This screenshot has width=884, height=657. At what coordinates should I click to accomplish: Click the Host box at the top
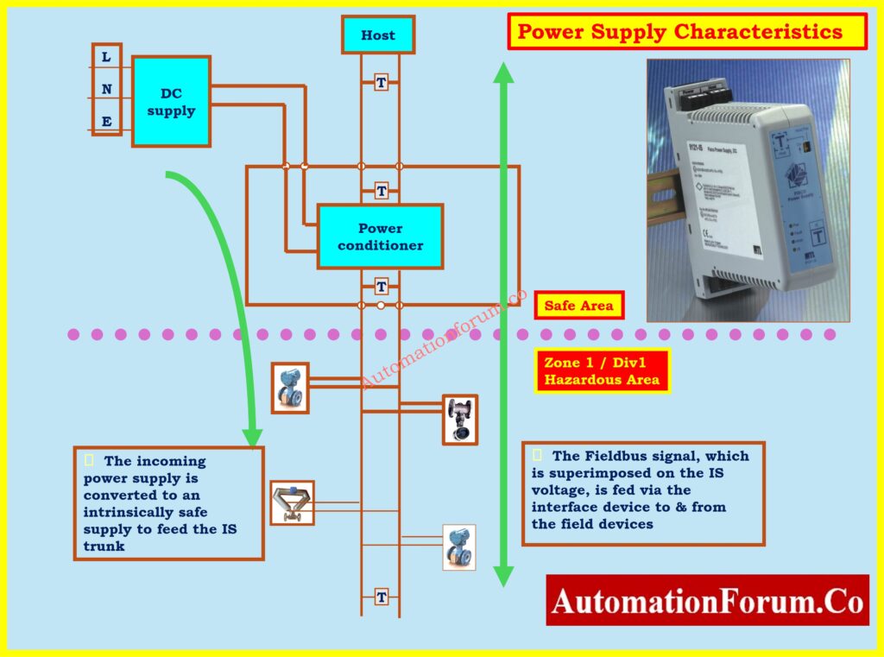tap(377, 35)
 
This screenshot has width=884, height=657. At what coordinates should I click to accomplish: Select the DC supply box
tap(171, 102)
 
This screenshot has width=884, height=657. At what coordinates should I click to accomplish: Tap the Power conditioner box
tap(380, 237)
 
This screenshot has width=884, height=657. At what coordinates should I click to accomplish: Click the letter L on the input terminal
tap(106, 57)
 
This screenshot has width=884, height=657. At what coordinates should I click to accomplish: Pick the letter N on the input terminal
tap(106, 89)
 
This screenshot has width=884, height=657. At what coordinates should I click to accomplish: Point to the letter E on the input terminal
tap(106, 121)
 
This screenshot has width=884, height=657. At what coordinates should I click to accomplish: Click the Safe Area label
tap(578, 306)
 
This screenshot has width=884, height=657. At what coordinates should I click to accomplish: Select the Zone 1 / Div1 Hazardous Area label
tap(602, 371)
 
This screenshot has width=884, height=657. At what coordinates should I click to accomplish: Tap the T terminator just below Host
tap(381, 83)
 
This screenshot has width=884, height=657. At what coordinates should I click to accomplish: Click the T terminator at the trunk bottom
tap(381, 597)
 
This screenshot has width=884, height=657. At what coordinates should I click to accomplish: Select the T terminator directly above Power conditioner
tap(381, 191)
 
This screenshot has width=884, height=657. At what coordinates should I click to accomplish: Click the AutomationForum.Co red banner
tap(707, 600)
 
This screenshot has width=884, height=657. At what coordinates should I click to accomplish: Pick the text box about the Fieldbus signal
tap(643, 492)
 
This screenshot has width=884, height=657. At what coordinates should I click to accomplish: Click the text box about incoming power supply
tap(168, 503)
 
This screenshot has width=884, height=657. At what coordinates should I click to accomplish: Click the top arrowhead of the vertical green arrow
tap(503, 73)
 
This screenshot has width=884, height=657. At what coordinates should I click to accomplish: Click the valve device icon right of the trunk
tap(459, 420)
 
